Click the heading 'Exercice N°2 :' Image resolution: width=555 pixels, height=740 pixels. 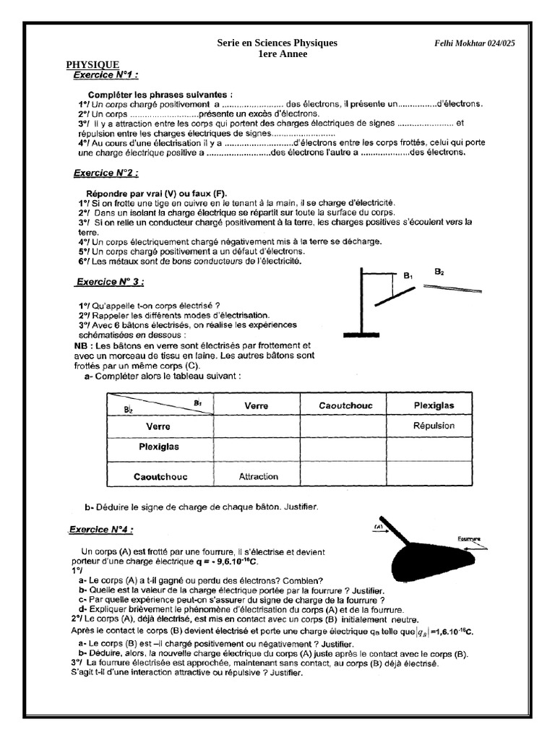pos(106,173)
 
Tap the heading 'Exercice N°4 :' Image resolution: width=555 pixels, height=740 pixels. pos(101,530)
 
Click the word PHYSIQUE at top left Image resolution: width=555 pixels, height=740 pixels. pos(93,64)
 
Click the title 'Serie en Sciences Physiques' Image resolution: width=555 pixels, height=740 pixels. pos(277,43)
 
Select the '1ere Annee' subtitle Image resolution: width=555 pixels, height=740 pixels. pos(277,54)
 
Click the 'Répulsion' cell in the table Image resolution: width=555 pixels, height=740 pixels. pos(434,426)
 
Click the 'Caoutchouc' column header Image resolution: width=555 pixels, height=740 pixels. pos(345,405)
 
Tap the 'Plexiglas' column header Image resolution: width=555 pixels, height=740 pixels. pos(434,405)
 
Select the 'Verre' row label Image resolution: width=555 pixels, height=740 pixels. pos(158,426)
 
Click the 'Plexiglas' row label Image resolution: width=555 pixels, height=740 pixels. pos(158,447)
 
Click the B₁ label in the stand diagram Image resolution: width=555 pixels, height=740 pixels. pos(408,275)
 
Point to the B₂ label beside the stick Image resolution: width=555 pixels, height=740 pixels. pos(439,272)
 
